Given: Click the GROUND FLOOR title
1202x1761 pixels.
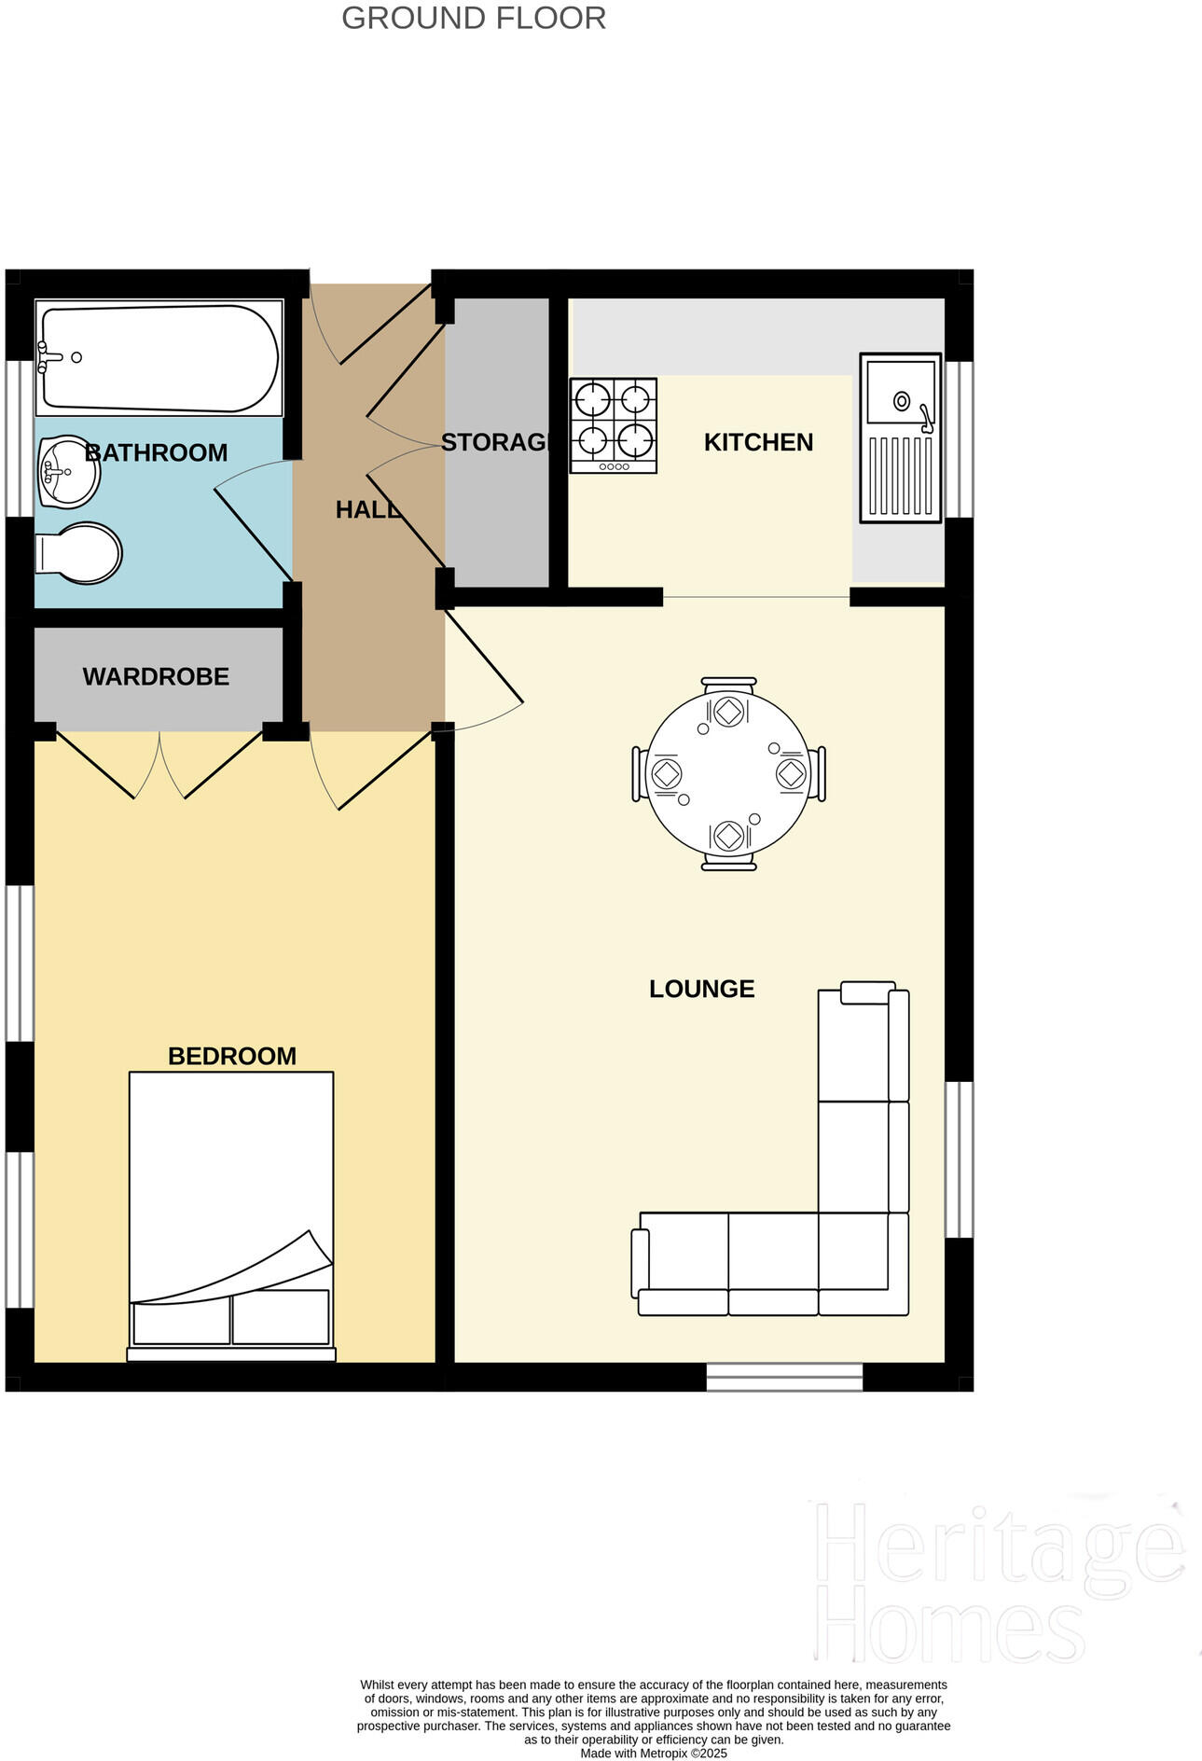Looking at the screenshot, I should (474, 18).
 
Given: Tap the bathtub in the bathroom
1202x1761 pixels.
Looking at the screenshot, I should (159, 358).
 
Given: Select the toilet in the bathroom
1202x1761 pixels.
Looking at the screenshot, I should (80, 553).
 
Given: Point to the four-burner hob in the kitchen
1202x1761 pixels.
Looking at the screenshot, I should (613, 424).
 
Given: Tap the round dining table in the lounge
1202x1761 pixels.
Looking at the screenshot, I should (728, 774).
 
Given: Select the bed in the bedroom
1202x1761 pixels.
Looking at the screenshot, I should (231, 1213).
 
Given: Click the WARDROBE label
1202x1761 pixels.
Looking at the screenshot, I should (156, 677).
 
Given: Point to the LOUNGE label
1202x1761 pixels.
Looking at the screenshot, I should (701, 989).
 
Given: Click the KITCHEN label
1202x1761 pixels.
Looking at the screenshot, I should (758, 442).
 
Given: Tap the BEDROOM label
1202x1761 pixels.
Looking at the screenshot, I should (232, 1056).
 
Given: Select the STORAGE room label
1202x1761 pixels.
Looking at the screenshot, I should (495, 442).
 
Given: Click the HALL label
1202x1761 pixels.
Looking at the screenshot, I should (367, 509).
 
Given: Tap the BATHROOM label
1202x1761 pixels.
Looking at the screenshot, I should (157, 452).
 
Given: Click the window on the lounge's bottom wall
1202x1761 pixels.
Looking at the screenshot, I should (783, 1377).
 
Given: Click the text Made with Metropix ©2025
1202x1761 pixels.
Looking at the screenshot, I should (653, 1754).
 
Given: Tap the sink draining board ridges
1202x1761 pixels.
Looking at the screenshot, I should (900, 475).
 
